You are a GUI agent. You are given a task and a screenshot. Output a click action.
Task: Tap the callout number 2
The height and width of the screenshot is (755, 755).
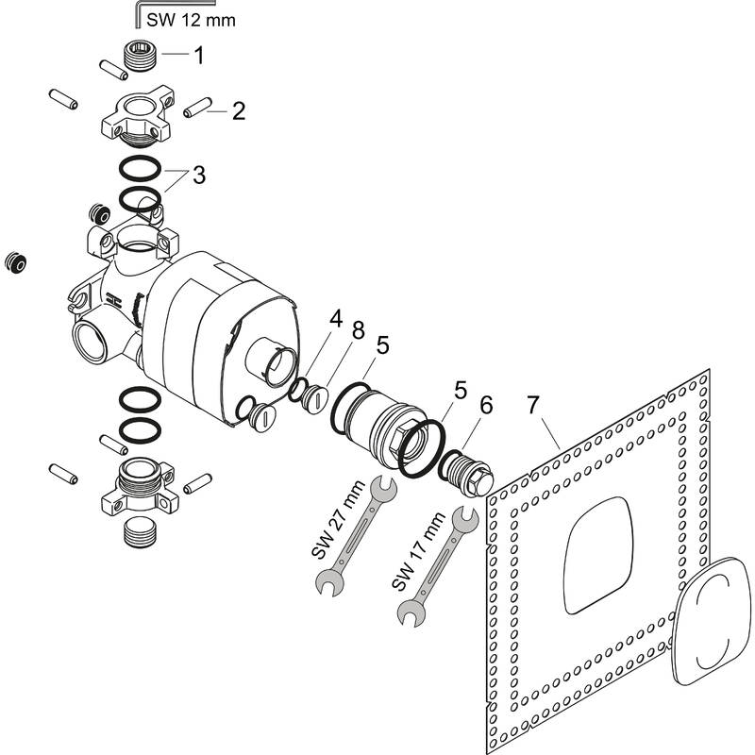(x=238, y=111)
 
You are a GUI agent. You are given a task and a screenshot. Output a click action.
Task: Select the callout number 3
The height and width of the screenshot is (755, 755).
(x=198, y=175)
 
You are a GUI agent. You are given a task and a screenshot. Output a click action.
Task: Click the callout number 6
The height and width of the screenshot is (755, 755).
(x=486, y=404)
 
